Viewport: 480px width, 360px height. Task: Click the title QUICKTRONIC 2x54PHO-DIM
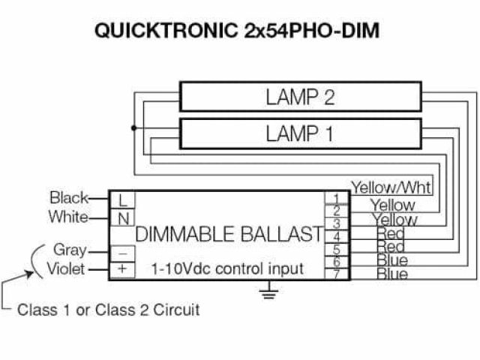click(238, 31)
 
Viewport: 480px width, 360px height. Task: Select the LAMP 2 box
click(300, 97)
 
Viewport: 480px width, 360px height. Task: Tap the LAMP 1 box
click(300, 134)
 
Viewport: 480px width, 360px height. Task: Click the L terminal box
click(122, 200)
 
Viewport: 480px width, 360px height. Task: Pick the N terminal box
click(122, 218)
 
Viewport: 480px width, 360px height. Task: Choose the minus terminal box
click(122, 252)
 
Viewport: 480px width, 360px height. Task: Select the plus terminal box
click(122, 268)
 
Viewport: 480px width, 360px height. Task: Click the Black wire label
click(68, 198)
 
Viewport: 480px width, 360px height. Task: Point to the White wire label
click(68, 217)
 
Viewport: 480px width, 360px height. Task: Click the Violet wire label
click(66, 269)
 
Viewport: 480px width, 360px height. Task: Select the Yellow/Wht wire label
click(391, 187)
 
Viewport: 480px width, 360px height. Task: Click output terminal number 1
click(336, 199)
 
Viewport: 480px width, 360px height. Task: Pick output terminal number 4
click(336, 236)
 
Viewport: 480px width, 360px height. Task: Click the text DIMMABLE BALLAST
click(229, 233)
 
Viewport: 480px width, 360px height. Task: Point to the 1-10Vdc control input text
click(227, 268)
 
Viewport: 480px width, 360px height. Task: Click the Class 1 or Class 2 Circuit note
click(109, 310)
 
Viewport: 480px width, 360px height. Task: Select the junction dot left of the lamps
click(134, 128)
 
